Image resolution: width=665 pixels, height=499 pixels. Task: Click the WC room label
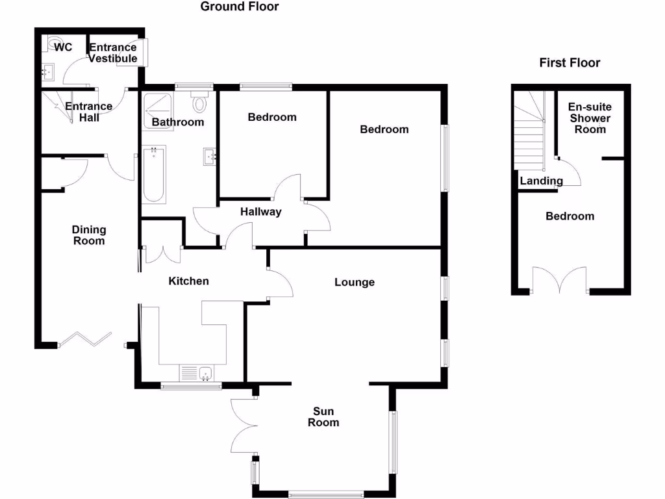[63, 47]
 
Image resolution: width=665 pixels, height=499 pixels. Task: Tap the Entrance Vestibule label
[113, 53]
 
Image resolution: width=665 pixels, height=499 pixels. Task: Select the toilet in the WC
[53, 43]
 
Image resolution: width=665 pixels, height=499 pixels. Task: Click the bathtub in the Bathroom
[154, 173]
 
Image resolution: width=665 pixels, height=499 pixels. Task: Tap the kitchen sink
[205, 373]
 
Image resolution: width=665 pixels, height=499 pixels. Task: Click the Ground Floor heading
[240, 7]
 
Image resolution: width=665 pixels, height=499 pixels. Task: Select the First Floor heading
[570, 63]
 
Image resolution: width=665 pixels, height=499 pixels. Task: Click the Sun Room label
[323, 416]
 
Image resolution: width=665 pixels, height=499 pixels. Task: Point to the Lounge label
[355, 282]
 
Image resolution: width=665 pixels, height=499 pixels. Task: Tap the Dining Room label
[89, 235]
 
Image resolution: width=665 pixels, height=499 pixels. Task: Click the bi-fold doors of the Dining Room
[84, 339]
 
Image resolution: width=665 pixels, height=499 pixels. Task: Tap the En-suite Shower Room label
[589, 118]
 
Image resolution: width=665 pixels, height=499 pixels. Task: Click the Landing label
[541, 181]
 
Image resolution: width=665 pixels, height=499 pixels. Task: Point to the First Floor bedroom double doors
[560, 280]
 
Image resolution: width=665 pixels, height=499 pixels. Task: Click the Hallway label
[260, 212]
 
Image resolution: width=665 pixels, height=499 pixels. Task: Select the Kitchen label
[189, 281]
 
